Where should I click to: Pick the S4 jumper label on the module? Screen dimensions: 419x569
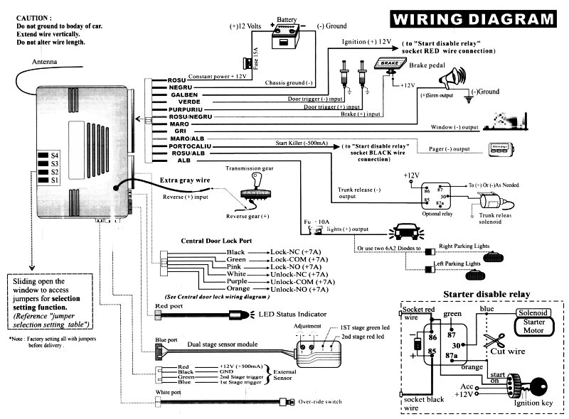(54, 155)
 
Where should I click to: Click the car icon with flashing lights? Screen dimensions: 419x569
(403, 232)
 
